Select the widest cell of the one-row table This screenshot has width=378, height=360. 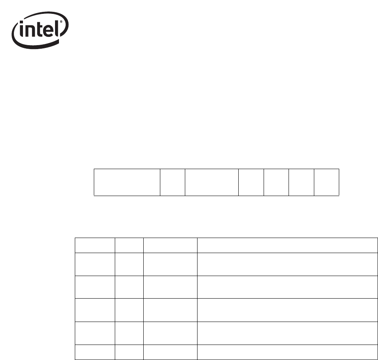(127, 182)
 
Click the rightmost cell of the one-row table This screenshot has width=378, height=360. (327, 182)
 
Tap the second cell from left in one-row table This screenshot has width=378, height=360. (173, 182)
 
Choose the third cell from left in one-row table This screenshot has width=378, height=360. (212, 182)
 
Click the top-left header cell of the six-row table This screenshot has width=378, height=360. (95, 245)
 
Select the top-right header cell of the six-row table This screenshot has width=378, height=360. (287, 245)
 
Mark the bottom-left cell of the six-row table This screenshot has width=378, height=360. (95, 352)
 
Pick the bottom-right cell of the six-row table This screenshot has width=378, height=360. (287, 352)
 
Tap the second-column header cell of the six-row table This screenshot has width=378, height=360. (129, 245)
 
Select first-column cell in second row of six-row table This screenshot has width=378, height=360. (95, 264)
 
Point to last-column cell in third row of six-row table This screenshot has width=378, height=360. (287, 287)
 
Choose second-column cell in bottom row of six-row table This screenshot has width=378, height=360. (129, 352)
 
